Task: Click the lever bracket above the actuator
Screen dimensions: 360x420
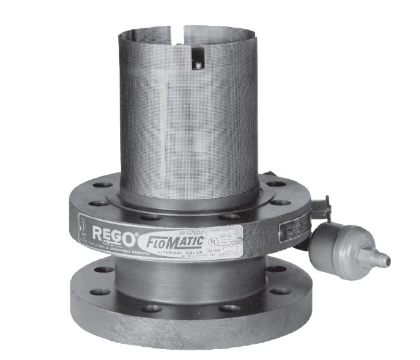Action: pyautogui.click(x=322, y=204)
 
